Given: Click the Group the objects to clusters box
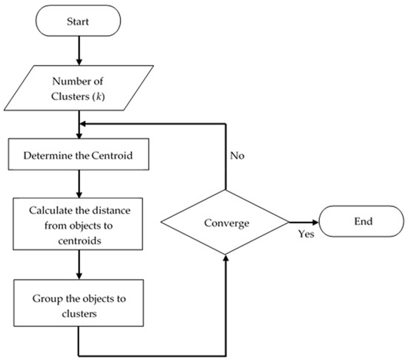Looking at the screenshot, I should tap(79, 305).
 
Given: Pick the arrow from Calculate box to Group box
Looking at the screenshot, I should tap(79, 264).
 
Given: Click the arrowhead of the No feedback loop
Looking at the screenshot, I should tap(84, 125).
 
